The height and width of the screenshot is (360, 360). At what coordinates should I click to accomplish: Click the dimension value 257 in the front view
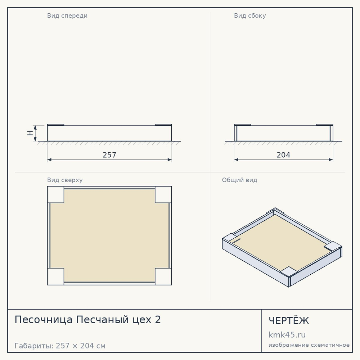coord(109,155)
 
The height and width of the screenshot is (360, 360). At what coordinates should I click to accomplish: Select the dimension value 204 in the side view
coord(283,155)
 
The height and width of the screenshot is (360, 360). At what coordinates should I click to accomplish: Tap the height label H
coord(30,133)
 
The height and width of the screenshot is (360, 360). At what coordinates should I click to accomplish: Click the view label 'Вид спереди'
coord(67,15)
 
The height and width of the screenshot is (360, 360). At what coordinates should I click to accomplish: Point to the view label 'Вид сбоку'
coord(250,15)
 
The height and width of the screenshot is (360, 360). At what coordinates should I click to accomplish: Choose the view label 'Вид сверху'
coord(65,180)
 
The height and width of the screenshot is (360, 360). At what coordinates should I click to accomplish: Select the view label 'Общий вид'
coord(239,180)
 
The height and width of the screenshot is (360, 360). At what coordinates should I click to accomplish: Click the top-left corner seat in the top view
coord(55,194)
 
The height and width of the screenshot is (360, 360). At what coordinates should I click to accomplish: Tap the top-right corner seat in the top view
coord(163,194)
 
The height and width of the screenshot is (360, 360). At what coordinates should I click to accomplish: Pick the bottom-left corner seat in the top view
coord(55,276)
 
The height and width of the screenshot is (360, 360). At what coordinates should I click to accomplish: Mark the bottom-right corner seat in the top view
coord(163,276)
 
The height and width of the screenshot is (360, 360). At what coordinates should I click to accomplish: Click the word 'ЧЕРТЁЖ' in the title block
coord(289,320)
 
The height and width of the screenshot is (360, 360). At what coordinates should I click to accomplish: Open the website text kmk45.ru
coord(287,335)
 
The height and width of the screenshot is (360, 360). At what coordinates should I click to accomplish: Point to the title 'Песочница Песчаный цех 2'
coord(88,320)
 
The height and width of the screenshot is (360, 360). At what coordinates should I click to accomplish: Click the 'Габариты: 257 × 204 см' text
coord(60,346)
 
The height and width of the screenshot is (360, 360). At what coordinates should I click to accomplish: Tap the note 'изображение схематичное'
coord(309,345)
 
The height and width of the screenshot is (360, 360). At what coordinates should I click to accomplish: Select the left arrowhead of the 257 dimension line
coord(49,159)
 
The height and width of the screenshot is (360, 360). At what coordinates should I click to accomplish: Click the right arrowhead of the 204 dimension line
coord(331,159)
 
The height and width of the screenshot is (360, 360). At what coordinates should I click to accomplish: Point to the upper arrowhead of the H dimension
coord(35,128)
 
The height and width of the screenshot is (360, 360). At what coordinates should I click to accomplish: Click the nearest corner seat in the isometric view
coord(289,271)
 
